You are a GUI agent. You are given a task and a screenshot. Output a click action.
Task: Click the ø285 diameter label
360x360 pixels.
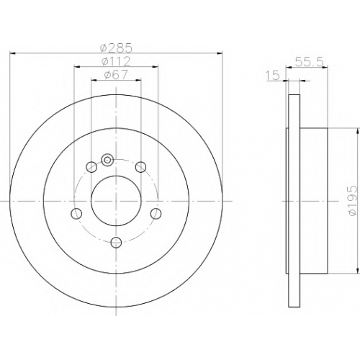click(116, 48)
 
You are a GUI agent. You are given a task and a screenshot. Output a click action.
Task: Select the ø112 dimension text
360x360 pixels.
click(116, 61)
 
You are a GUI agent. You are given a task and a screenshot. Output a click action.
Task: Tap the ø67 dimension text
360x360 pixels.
click(116, 75)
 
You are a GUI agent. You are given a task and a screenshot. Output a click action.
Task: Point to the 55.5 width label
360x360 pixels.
click(310, 62)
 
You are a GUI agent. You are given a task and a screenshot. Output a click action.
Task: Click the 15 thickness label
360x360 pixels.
click(273, 76)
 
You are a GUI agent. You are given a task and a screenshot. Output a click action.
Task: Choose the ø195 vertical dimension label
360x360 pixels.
click(354, 200)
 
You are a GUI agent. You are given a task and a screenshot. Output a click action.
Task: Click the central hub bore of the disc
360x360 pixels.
click(116, 201)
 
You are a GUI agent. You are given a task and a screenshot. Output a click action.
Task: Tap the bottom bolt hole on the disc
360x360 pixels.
click(116, 242)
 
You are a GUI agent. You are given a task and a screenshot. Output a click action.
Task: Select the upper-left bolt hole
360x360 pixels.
click(91, 167)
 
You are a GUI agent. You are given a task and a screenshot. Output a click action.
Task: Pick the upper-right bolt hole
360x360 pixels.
click(140, 167)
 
